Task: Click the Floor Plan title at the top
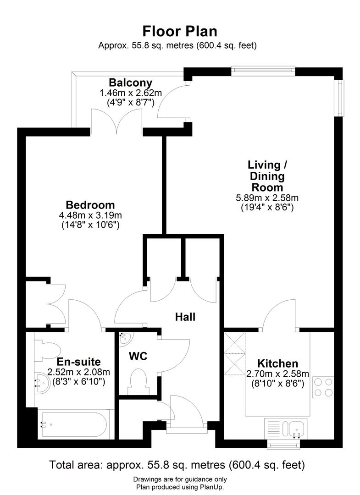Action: pos(180,31)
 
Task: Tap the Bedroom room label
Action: pos(90,205)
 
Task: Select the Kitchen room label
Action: pos(277,363)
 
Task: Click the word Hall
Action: pos(185,317)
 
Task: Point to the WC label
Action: pos(138,356)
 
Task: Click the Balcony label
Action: pos(130,83)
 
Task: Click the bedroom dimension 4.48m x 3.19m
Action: pos(90,215)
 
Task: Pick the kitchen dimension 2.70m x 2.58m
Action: pos(277,374)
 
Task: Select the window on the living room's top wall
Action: pos(263,71)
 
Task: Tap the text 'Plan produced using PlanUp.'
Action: pos(180,487)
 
